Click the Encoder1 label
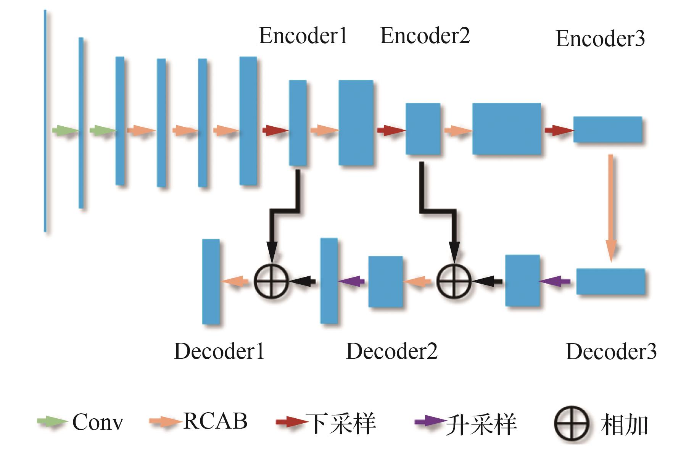click(303, 36)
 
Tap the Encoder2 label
click(425, 36)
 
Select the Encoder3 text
click(600, 39)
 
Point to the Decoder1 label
click(219, 351)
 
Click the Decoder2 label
click(391, 351)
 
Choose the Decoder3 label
click(611, 352)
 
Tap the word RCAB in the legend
click(215, 421)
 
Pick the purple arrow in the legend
click(430, 422)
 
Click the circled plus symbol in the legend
click(571, 424)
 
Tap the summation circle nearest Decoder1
click(271, 282)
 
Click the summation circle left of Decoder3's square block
click(454, 282)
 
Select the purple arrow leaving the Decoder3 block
click(555, 282)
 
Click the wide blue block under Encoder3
click(607, 130)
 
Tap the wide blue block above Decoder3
click(610, 281)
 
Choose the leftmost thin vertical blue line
click(45, 121)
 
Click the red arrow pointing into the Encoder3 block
click(559, 131)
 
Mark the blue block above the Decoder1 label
click(211, 281)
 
